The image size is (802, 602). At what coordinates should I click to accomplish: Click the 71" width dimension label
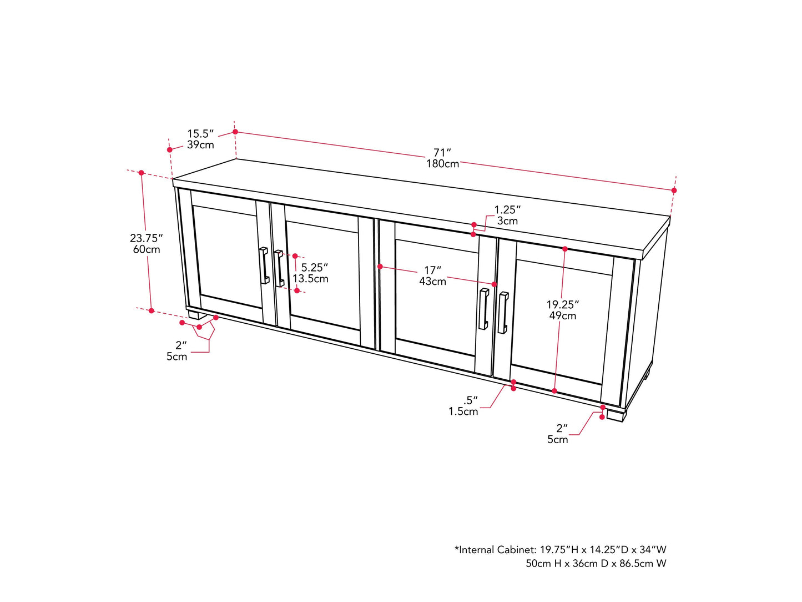click(x=442, y=152)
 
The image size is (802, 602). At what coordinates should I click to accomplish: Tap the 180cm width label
click(x=442, y=164)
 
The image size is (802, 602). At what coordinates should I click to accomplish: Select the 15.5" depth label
click(x=200, y=133)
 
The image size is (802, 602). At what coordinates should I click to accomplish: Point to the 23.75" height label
click(x=146, y=238)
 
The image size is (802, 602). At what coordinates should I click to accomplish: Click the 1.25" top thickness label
click(x=507, y=210)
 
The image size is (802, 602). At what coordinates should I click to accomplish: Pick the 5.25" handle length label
click(x=314, y=268)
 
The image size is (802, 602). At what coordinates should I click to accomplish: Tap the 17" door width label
click(x=432, y=270)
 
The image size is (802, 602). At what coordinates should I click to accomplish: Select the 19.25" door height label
click(x=562, y=304)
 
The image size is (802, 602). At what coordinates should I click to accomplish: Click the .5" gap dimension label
click(x=470, y=400)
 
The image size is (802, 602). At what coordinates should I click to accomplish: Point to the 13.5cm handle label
click(x=310, y=279)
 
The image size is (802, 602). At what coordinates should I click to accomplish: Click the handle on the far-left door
click(x=264, y=265)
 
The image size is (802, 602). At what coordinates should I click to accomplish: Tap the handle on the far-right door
click(x=503, y=313)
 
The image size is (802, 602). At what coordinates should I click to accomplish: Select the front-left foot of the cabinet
click(x=194, y=314)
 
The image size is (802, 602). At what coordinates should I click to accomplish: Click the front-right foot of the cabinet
click(x=616, y=415)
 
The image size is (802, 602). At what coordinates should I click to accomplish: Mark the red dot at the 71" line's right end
click(x=674, y=190)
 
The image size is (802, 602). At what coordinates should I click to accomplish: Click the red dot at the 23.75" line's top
click(x=142, y=173)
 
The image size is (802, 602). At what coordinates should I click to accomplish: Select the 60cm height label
click(x=146, y=250)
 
